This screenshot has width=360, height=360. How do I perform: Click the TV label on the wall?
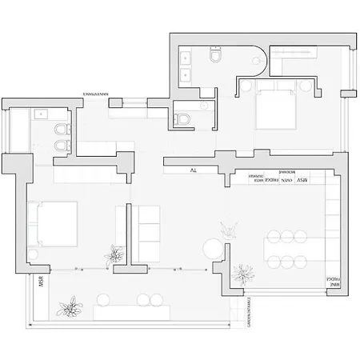coord(193,170)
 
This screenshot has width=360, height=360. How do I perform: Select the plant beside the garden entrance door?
coord(242,275)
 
